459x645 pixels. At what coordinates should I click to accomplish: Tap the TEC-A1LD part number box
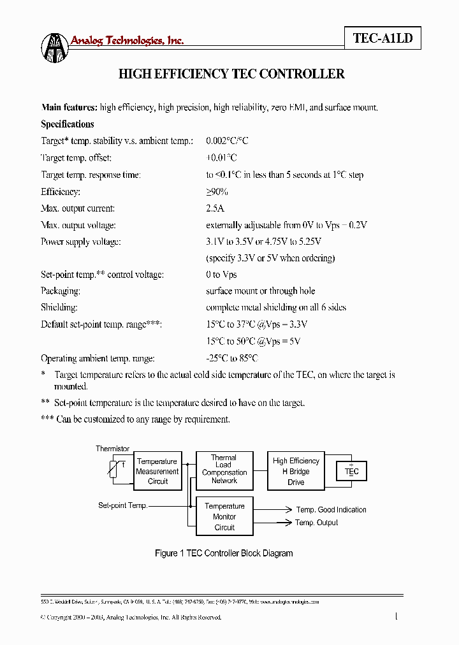click(382, 38)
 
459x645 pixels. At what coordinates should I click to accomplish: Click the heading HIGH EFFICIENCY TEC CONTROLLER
click(231, 74)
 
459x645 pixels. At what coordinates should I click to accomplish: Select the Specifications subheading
click(68, 124)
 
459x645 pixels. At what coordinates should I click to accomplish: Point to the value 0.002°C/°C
click(227, 141)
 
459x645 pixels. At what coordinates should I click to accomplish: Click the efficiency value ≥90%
click(217, 191)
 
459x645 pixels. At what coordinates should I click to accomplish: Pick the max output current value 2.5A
click(215, 208)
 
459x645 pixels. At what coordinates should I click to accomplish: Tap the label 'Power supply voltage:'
click(81, 242)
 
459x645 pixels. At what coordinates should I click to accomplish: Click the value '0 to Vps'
click(221, 275)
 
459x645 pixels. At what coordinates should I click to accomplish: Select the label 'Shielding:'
click(59, 308)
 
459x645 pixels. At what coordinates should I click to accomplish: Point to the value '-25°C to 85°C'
click(232, 359)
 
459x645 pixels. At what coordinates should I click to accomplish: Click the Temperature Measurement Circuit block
click(157, 471)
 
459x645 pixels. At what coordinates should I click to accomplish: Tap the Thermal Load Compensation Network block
click(224, 470)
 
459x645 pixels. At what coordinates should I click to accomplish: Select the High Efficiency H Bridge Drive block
click(296, 471)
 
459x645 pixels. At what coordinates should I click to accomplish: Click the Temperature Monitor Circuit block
click(224, 517)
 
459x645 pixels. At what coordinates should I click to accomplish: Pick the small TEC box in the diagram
click(352, 472)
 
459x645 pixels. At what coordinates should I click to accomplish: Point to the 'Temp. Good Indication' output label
click(331, 510)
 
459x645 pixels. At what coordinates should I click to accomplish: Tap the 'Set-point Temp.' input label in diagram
click(122, 505)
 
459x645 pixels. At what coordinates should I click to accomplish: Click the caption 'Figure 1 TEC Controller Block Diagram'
click(224, 553)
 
